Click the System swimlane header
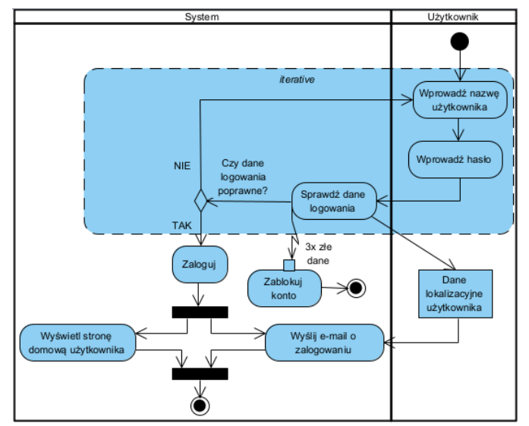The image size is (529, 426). [x=202, y=15]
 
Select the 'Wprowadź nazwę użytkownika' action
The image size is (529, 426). [x=459, y=100]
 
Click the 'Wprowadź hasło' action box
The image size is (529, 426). [x=455, y=159]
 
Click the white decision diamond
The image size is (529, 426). [x=201, y=201]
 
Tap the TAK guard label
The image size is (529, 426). [x=181, y=226]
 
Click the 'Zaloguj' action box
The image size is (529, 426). [x=199, y=265]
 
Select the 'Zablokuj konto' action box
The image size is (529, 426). [x=285, y=288]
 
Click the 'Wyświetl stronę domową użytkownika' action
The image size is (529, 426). [x=77, y=342]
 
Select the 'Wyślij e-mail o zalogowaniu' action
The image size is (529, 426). [x=324, y=342]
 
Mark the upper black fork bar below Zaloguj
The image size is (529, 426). [x=200, y=312]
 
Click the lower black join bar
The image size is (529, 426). [x=200, y=373]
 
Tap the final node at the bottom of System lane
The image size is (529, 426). [x=200, y=406]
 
